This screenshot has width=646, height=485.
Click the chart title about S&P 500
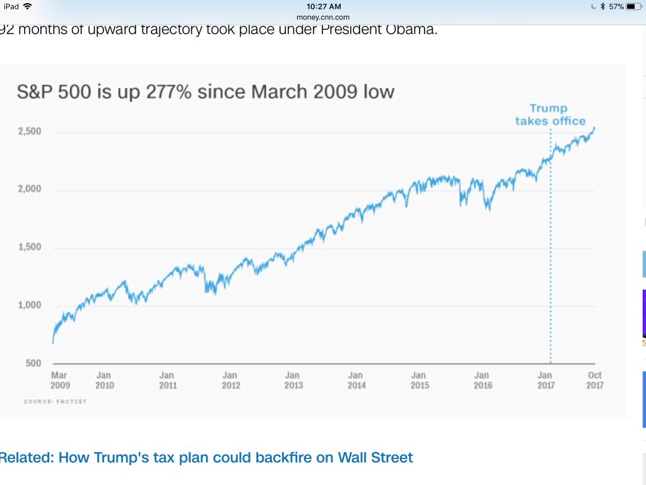coord(206,92)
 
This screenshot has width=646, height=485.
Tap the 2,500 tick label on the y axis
coord(29,131)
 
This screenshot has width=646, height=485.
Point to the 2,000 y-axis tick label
coord(29,189)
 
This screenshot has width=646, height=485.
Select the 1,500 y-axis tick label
coord(29,247)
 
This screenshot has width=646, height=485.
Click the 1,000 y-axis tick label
coord(29,305)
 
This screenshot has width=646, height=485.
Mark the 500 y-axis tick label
coord(33,363)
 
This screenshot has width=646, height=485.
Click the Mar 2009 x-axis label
coord(59,380)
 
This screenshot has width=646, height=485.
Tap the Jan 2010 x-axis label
coord(105,380)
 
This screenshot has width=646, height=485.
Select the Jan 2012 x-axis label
coord(230,380)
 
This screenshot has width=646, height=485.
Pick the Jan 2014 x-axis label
coord(356,380)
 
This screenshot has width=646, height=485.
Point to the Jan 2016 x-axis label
coord(483,380)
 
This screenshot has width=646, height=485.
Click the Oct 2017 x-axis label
coord(594,380)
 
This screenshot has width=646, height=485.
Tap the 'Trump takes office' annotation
coord(549,115)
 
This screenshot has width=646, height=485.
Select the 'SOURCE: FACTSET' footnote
coord(55,402)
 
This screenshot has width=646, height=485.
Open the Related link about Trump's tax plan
coord(206,457)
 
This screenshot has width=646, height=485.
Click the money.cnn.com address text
coord(323,17)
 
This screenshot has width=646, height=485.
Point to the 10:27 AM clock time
coord(323,6)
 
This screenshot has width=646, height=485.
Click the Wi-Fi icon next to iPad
coord(27,6)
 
